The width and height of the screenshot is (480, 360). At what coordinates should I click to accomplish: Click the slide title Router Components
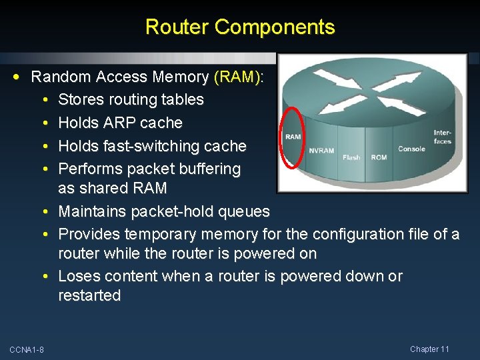pyautogui.click(x=240, y=27)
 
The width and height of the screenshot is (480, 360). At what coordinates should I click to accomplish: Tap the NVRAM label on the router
pyautogui.click(x=321, y=151)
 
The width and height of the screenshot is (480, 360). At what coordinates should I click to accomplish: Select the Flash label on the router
pyautogui.click(x=351, y=157)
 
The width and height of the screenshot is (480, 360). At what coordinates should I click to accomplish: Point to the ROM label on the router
pyautogui.click(x=379, y=157)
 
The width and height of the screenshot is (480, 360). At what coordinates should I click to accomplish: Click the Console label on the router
pyautogui.click(x=411, y=149)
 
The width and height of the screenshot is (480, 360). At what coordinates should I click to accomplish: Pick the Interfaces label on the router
pyautogui.click(x=442, y=137)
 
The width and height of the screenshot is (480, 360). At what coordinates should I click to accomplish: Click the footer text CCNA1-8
pyautogui.click(x=27, y=350)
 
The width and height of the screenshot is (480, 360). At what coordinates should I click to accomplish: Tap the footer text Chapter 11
pyautogui.click(x=429, y=349)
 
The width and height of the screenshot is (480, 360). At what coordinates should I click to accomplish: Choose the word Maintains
pyautogui.click(x=91, y=212)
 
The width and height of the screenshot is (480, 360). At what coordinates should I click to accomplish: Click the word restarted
pyautogui.click(x=89, y=295)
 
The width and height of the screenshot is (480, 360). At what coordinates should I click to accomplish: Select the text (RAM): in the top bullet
pyautogui.click(x=238, y=77)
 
